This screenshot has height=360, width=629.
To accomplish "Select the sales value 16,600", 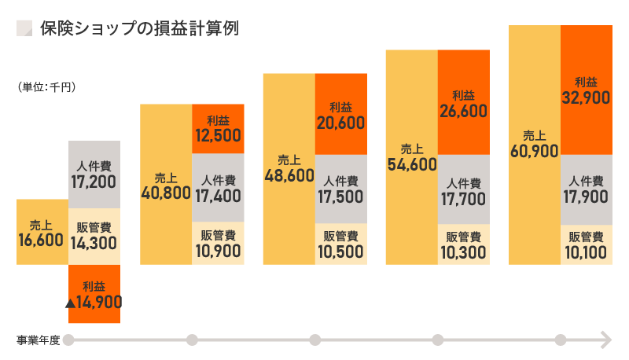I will tap(40, 240).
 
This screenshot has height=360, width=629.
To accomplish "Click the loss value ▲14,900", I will tap(94, 300).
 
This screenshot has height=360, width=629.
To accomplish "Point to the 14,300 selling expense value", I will tap(94, 243).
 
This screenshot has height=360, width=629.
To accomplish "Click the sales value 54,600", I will tap(412, 163).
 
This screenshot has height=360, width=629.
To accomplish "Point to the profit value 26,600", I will tap(464, 111).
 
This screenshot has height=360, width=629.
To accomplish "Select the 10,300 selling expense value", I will tap(464, 252).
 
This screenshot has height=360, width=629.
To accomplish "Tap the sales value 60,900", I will tap(535, 150).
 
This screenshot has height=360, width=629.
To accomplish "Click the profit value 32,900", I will tap(587, 97).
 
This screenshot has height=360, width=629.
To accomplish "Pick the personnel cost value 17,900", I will tap(587, 197).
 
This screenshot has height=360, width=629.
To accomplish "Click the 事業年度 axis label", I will tap(38, 340).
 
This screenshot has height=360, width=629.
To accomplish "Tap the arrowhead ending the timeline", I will tap(605, 340).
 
